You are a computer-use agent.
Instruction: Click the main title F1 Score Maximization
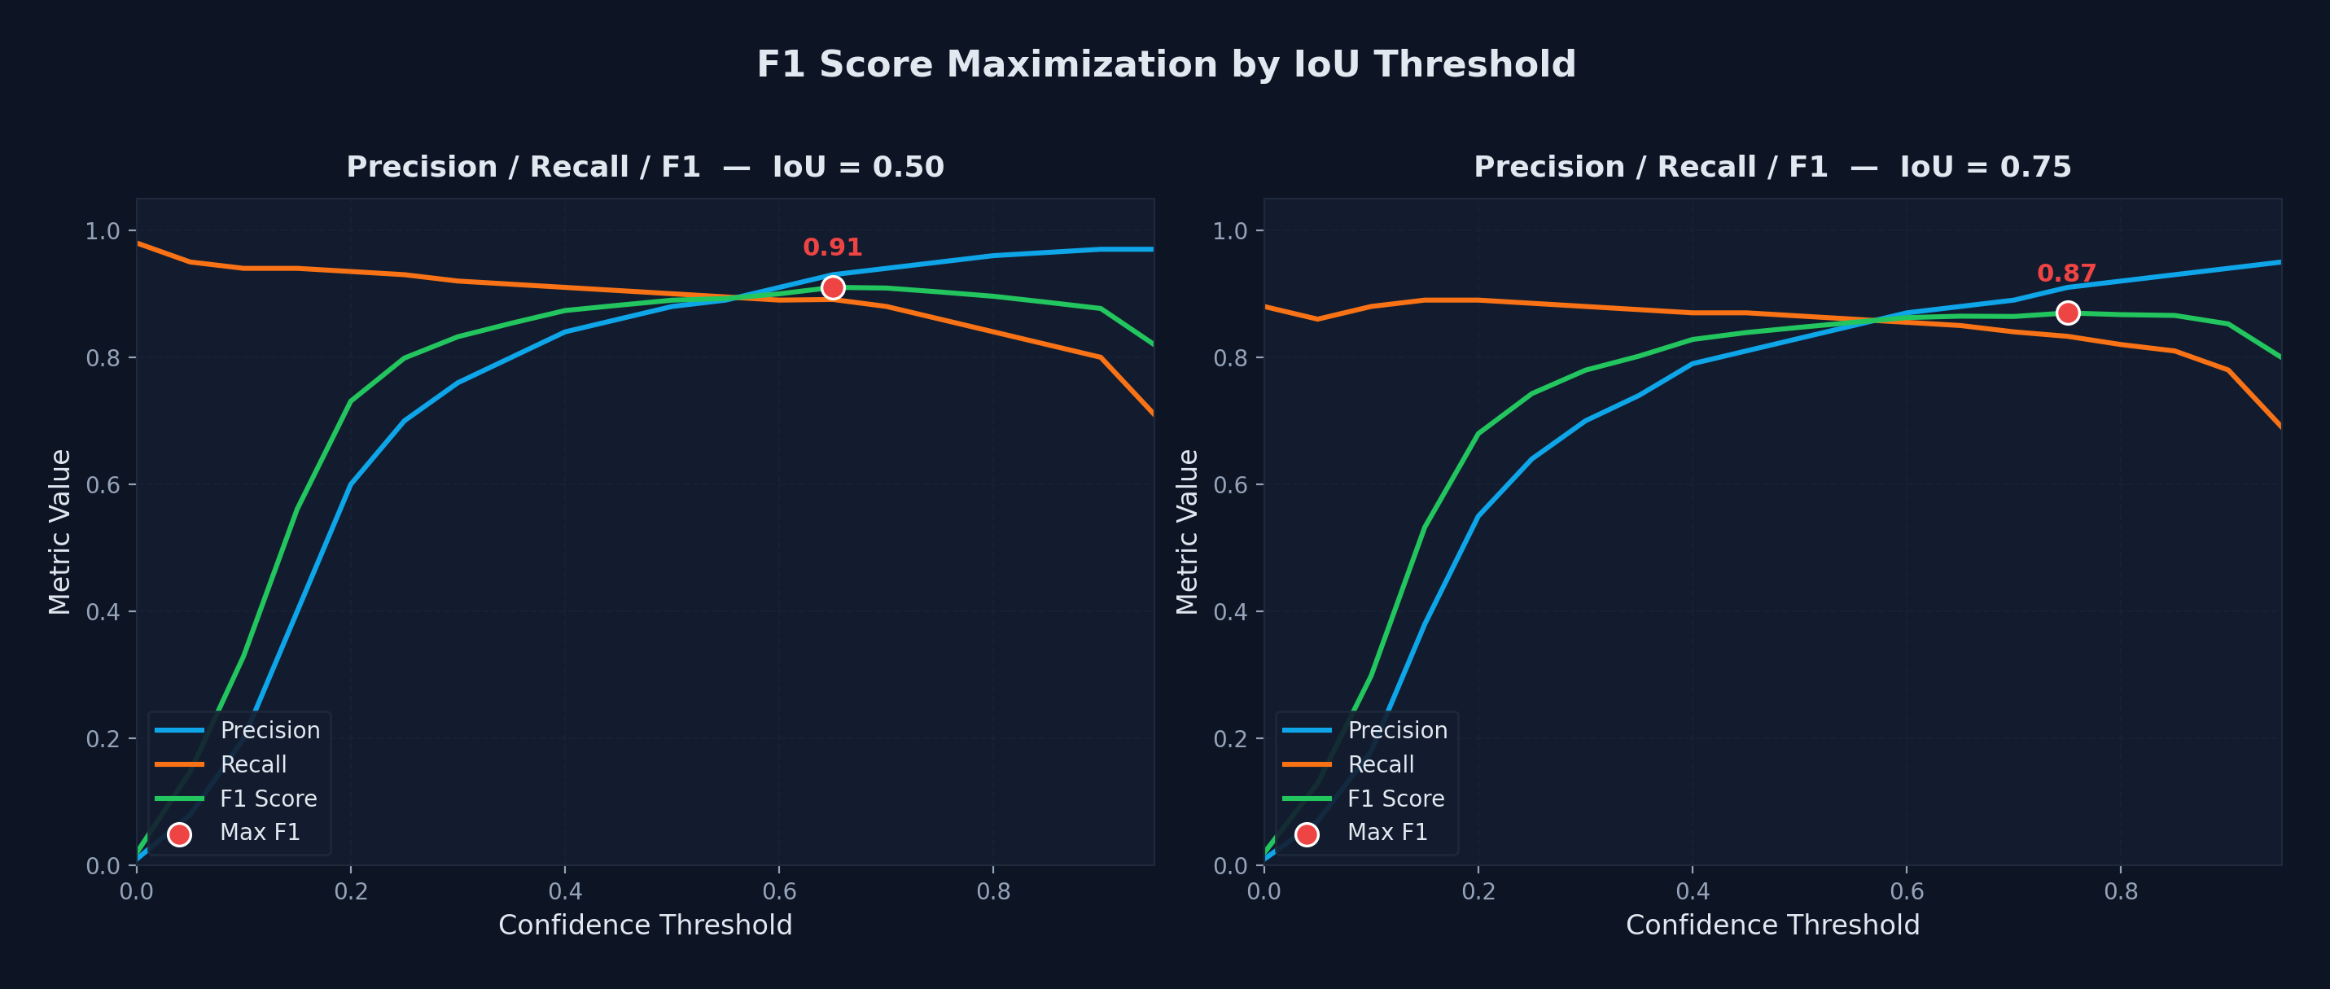[x=1165, y=65]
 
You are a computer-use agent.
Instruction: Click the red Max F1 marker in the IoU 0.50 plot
[x=832, y=287]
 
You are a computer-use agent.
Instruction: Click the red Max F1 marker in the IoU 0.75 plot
[x=2068, y=313]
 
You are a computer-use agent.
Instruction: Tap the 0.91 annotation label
[x=832, y=247]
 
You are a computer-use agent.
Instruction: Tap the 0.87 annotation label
[x=2067, y=273]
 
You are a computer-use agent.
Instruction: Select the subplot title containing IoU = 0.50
[x=645, y=167]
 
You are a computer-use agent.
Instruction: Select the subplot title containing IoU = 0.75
[x=1772, y=167]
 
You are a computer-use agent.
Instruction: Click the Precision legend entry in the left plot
[x=269, y=730]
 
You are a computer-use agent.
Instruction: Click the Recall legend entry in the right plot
[x=1380, y=765]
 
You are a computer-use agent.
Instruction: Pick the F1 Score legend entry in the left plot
[x=268, y=799]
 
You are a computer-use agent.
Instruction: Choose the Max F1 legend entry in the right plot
[x=1386, y=833]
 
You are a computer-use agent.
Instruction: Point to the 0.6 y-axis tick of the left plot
[x=103, y=485]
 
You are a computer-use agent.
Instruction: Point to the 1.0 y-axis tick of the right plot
[x=1230, y=231]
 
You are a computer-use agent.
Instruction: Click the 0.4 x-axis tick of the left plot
[x=564, y=892]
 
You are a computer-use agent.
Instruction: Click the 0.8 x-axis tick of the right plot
[x=2121, y=892]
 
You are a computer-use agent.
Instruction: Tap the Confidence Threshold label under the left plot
[x=645, y=926]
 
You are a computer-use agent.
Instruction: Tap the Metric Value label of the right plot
[x=1187, y=532]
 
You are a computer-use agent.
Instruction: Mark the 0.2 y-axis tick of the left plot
[x=103, y=739]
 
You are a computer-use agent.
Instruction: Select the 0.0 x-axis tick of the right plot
[x=1264, y=892]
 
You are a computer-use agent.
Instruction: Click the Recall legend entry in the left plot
[x=253, y=765]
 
